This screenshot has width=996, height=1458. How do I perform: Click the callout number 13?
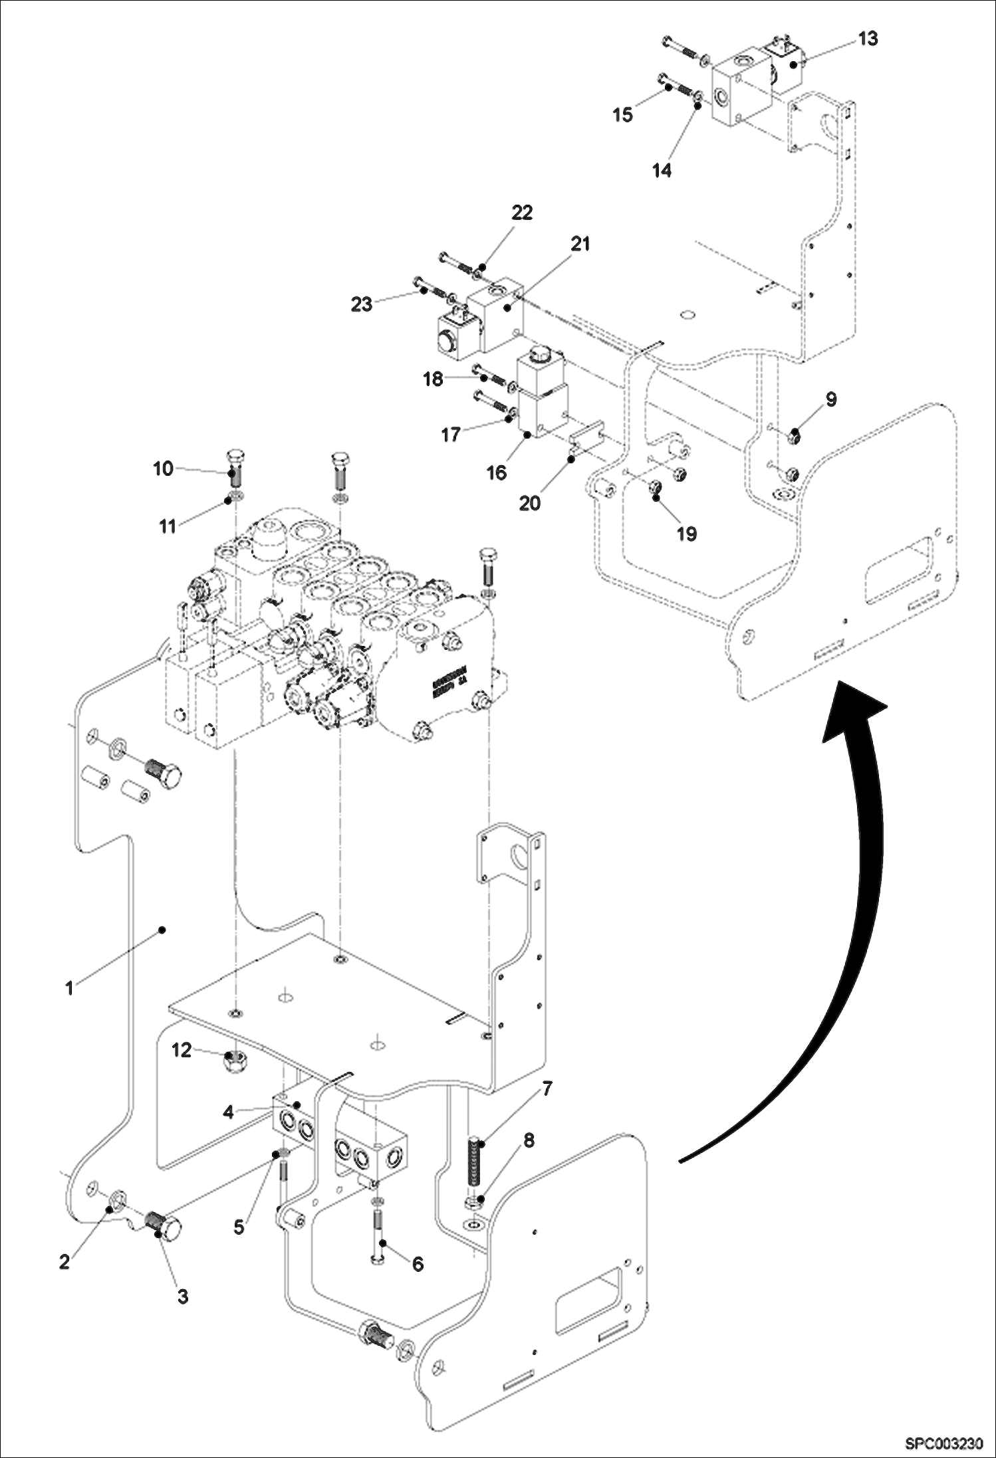(x=868, y=39)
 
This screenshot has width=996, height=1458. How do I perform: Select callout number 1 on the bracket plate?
(x=69, y=988)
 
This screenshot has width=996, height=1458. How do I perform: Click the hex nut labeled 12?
(x=234, y=1063)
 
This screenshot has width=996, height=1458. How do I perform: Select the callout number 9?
(x=831, y=399)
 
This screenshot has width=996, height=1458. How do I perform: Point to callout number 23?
(x=362, y=305)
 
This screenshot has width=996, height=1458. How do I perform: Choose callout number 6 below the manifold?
(x=418, y=1263)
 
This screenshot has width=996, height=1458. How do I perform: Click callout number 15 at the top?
(x=622, y=115)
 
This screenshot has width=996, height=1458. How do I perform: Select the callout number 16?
(x=496, y=472)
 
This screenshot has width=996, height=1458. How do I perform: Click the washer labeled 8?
(x=475, y=1201)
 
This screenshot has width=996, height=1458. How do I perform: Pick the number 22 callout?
(x=522, y=213)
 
